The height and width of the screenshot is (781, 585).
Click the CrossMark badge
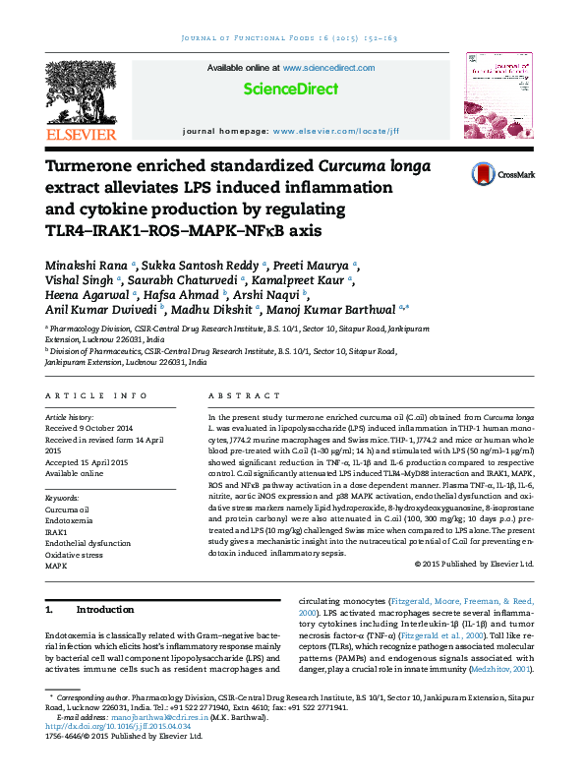[502, 174]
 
